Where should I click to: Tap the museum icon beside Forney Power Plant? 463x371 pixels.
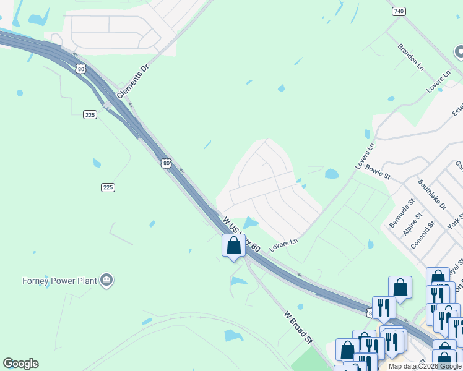(107, 281)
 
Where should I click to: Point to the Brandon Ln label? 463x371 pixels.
(411, 57)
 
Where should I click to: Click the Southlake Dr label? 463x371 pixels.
(432, 194)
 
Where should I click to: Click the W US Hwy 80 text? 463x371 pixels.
(241, 233)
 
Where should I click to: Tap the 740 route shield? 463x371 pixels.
(399, 11)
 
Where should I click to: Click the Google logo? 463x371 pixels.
(20, 364)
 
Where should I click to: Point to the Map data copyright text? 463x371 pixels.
(425, 366)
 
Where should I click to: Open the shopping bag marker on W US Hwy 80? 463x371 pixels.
(233, 245)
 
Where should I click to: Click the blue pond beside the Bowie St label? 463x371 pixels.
(332, 174)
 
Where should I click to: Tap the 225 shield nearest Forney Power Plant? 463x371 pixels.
(108, 187)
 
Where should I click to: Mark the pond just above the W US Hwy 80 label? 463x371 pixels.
(251, 222)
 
